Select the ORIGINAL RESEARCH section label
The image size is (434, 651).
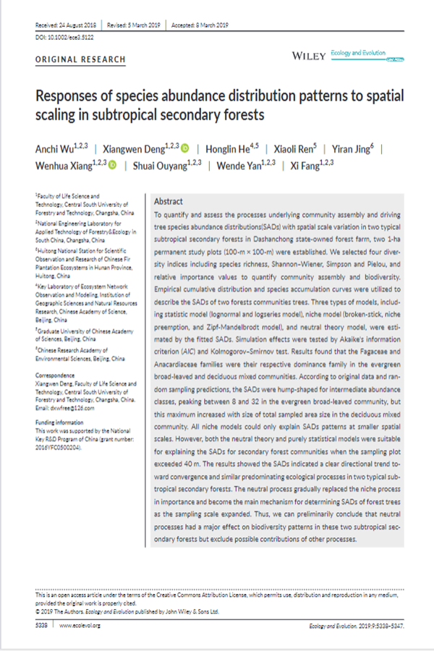pos(80,59)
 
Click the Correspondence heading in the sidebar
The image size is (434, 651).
pos(55,375)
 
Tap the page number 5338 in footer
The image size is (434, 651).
pos(42,625)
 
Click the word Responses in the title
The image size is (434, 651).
pos(72,96)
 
